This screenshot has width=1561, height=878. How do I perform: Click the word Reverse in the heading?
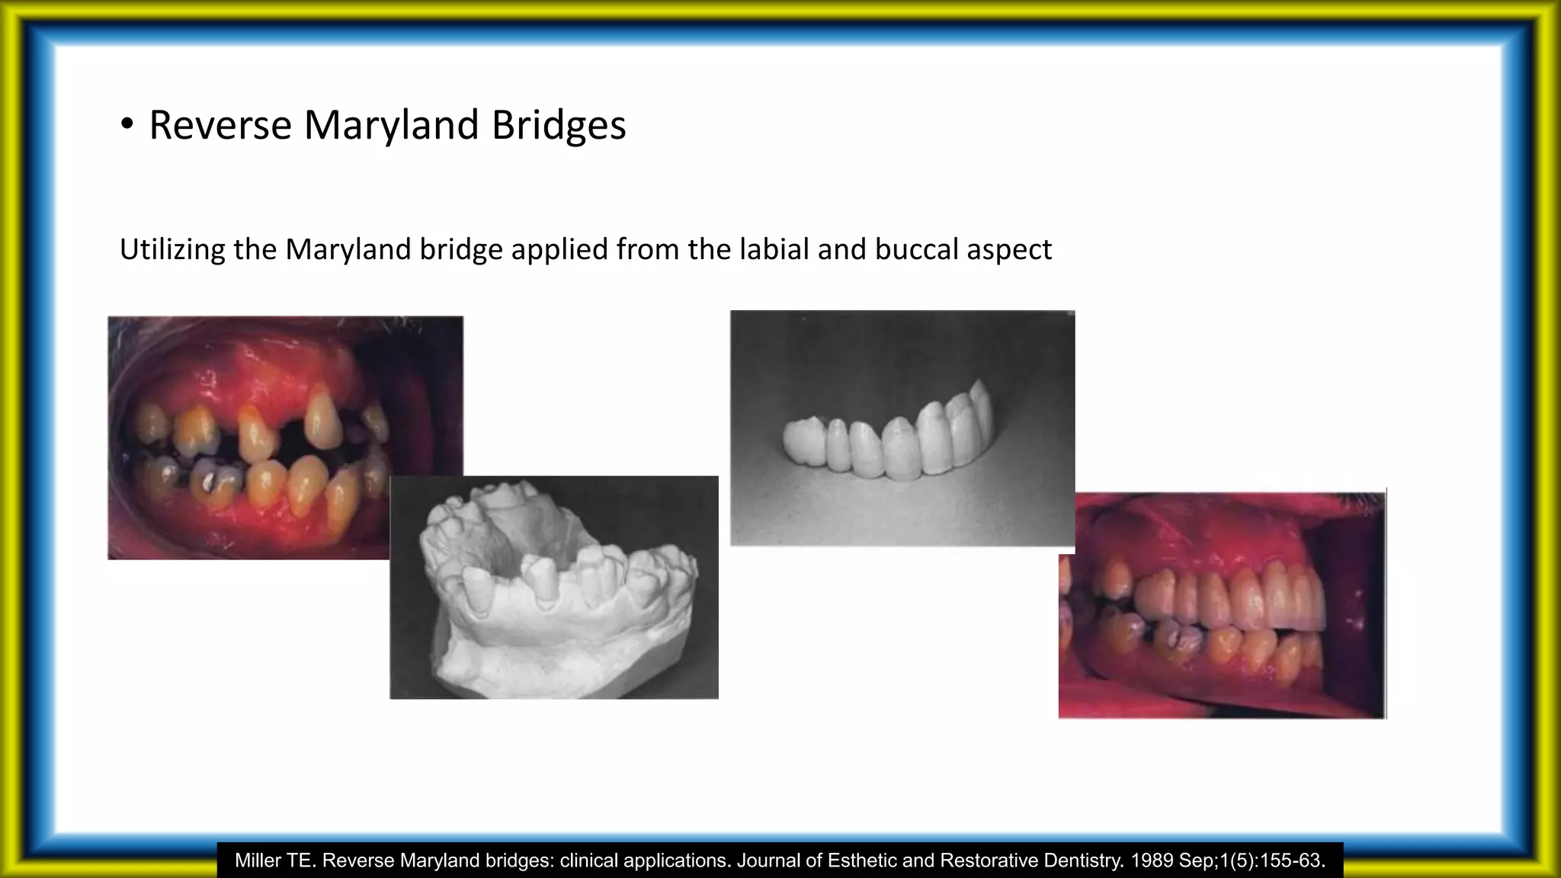coord(220,125)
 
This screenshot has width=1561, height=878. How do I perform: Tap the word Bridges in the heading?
coord(558,125)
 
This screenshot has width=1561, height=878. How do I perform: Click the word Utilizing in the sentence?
coord(172,250)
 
